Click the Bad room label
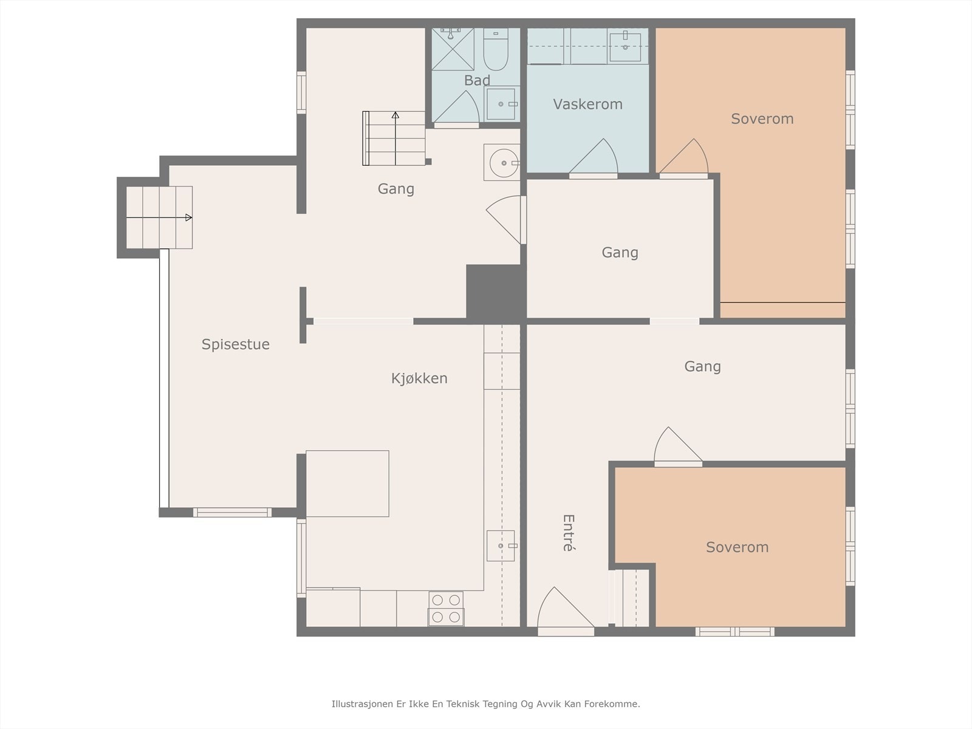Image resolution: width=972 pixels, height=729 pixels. [x=477, y=81]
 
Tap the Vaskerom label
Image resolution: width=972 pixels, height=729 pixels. [x=587, y=104]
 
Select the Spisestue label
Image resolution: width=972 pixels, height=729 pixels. [x=236, y=344]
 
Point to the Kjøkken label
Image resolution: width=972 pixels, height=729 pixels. [x=419, y=378]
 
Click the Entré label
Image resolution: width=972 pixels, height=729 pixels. [x=569, y=533]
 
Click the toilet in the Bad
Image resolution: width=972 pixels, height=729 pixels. [x=496, y=49]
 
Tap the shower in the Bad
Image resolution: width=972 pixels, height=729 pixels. [x=453, y=49]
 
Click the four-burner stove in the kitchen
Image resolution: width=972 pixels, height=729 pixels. [x=446, y=609]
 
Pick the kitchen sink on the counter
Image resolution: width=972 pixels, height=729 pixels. [x=501, y=546]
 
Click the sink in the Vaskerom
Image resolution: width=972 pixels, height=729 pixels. [x=625, y=46]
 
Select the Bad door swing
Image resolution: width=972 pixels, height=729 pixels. [x=456, y=107]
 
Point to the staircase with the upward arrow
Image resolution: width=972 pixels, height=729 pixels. [x=394, y=138]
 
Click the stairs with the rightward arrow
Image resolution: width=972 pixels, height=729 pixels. [x=159, y=217]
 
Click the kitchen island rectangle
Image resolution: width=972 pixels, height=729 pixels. [x=347, y=484]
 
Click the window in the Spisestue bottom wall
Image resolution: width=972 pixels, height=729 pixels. [x=233, y=513]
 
